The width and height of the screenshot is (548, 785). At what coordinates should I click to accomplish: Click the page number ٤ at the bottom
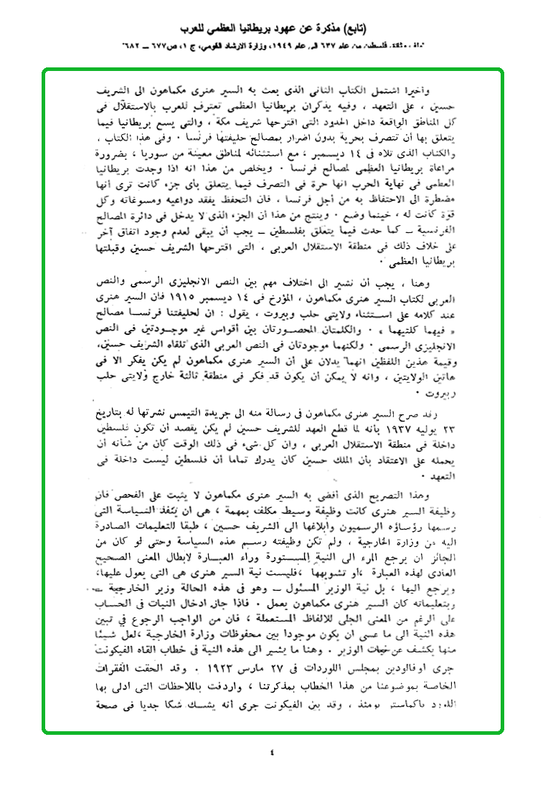coord(272,753)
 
